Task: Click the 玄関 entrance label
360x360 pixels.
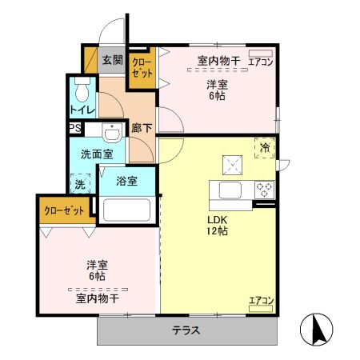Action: (x=113, y=60)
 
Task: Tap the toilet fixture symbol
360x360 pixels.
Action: (x=82, y=86)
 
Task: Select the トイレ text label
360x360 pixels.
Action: (x=82, y=110)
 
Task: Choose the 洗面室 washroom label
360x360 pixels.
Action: (x=90, y=153)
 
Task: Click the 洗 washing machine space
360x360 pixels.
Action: (x=80, y=184)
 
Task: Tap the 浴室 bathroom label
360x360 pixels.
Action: (x=126, y=181)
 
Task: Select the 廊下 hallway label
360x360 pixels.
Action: (x=142, y=126)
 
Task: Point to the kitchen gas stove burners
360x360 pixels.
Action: (x=264, y=190)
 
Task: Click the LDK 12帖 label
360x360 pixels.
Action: (x=218, y=225)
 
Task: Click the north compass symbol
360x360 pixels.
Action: (x=318, y=328)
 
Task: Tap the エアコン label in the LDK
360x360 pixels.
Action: (x=261, y=301)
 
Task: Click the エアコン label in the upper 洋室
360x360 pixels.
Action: (x=261, y=62)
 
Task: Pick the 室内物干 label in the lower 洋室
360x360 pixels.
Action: (x=98, y=298)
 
